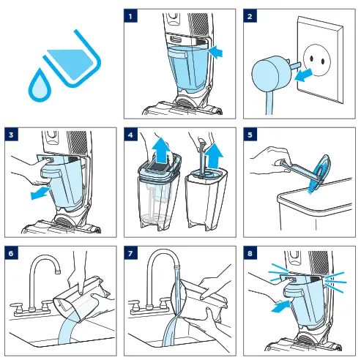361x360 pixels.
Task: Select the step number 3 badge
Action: pos(11,135)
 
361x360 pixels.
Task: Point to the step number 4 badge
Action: pos(130,135)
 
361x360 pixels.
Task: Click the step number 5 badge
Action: pos(250,135)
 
